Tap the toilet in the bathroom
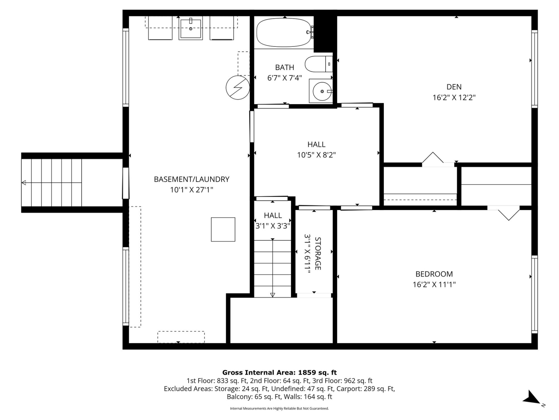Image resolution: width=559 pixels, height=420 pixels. pos(319,64)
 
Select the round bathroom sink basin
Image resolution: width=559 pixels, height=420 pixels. pos(322,91)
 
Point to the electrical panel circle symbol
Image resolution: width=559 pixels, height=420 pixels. pos(238,87)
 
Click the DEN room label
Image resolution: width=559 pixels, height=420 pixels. pos(454,87)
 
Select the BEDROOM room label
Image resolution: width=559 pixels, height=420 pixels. pos(434,274)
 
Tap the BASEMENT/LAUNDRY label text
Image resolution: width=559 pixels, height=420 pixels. pos(192,179)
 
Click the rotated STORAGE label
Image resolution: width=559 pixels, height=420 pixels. pos(318,253)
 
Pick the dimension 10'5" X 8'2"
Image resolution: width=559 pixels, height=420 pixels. pos(316,155)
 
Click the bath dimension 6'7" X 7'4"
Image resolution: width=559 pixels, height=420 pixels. pos(285,78)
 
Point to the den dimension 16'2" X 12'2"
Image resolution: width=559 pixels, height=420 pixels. pos(454,97)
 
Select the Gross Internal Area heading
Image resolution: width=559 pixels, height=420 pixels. pos(279,372)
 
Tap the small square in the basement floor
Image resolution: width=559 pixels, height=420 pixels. pos(223,229)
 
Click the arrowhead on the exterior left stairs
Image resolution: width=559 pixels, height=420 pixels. pos(24,183)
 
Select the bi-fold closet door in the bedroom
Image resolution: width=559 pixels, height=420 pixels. pos(508,214)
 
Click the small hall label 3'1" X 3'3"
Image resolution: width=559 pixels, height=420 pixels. pos(273,226)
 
